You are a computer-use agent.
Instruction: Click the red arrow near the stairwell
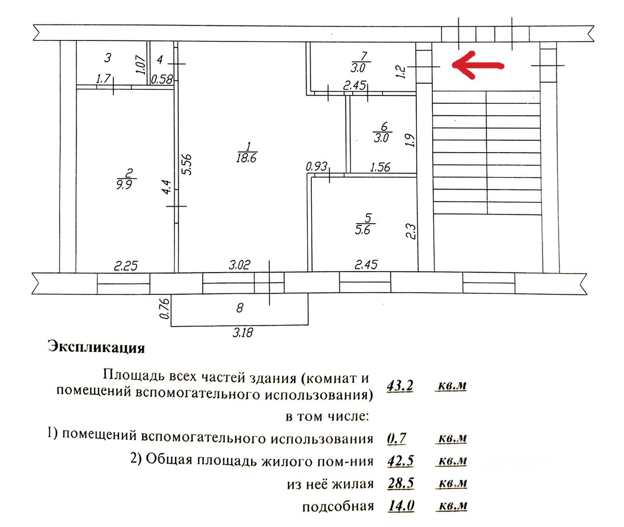(478, 65)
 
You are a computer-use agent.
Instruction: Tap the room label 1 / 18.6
(246, 152)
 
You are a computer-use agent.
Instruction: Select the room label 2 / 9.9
(125, 178)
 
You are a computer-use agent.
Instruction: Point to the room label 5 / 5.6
(363, 224)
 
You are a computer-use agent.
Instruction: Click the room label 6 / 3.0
(382, 132)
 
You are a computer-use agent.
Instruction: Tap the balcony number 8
(240, 307)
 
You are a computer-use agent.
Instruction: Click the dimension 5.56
(187, 164)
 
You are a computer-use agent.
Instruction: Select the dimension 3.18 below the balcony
(242, 332)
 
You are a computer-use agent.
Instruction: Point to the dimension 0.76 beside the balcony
(165, 308)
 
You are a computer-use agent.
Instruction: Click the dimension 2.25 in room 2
(126, 266)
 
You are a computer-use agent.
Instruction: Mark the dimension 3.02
(240, 265)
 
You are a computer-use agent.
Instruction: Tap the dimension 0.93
(316, 167)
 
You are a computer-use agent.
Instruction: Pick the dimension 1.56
(380, 167)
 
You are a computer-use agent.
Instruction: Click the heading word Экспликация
(96, 347)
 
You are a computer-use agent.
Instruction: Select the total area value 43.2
(400, 386)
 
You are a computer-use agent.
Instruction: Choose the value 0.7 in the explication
(397, 439)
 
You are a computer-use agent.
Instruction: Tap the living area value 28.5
(401, 483)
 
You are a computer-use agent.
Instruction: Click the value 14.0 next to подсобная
(401, 506)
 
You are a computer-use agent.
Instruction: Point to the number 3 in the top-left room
(108, 57)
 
